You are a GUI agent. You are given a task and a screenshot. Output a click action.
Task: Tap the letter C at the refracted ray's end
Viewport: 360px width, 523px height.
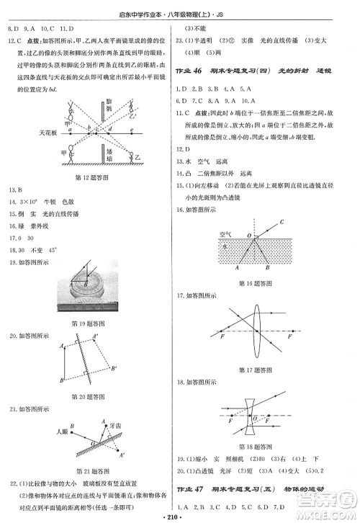point(282,222)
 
